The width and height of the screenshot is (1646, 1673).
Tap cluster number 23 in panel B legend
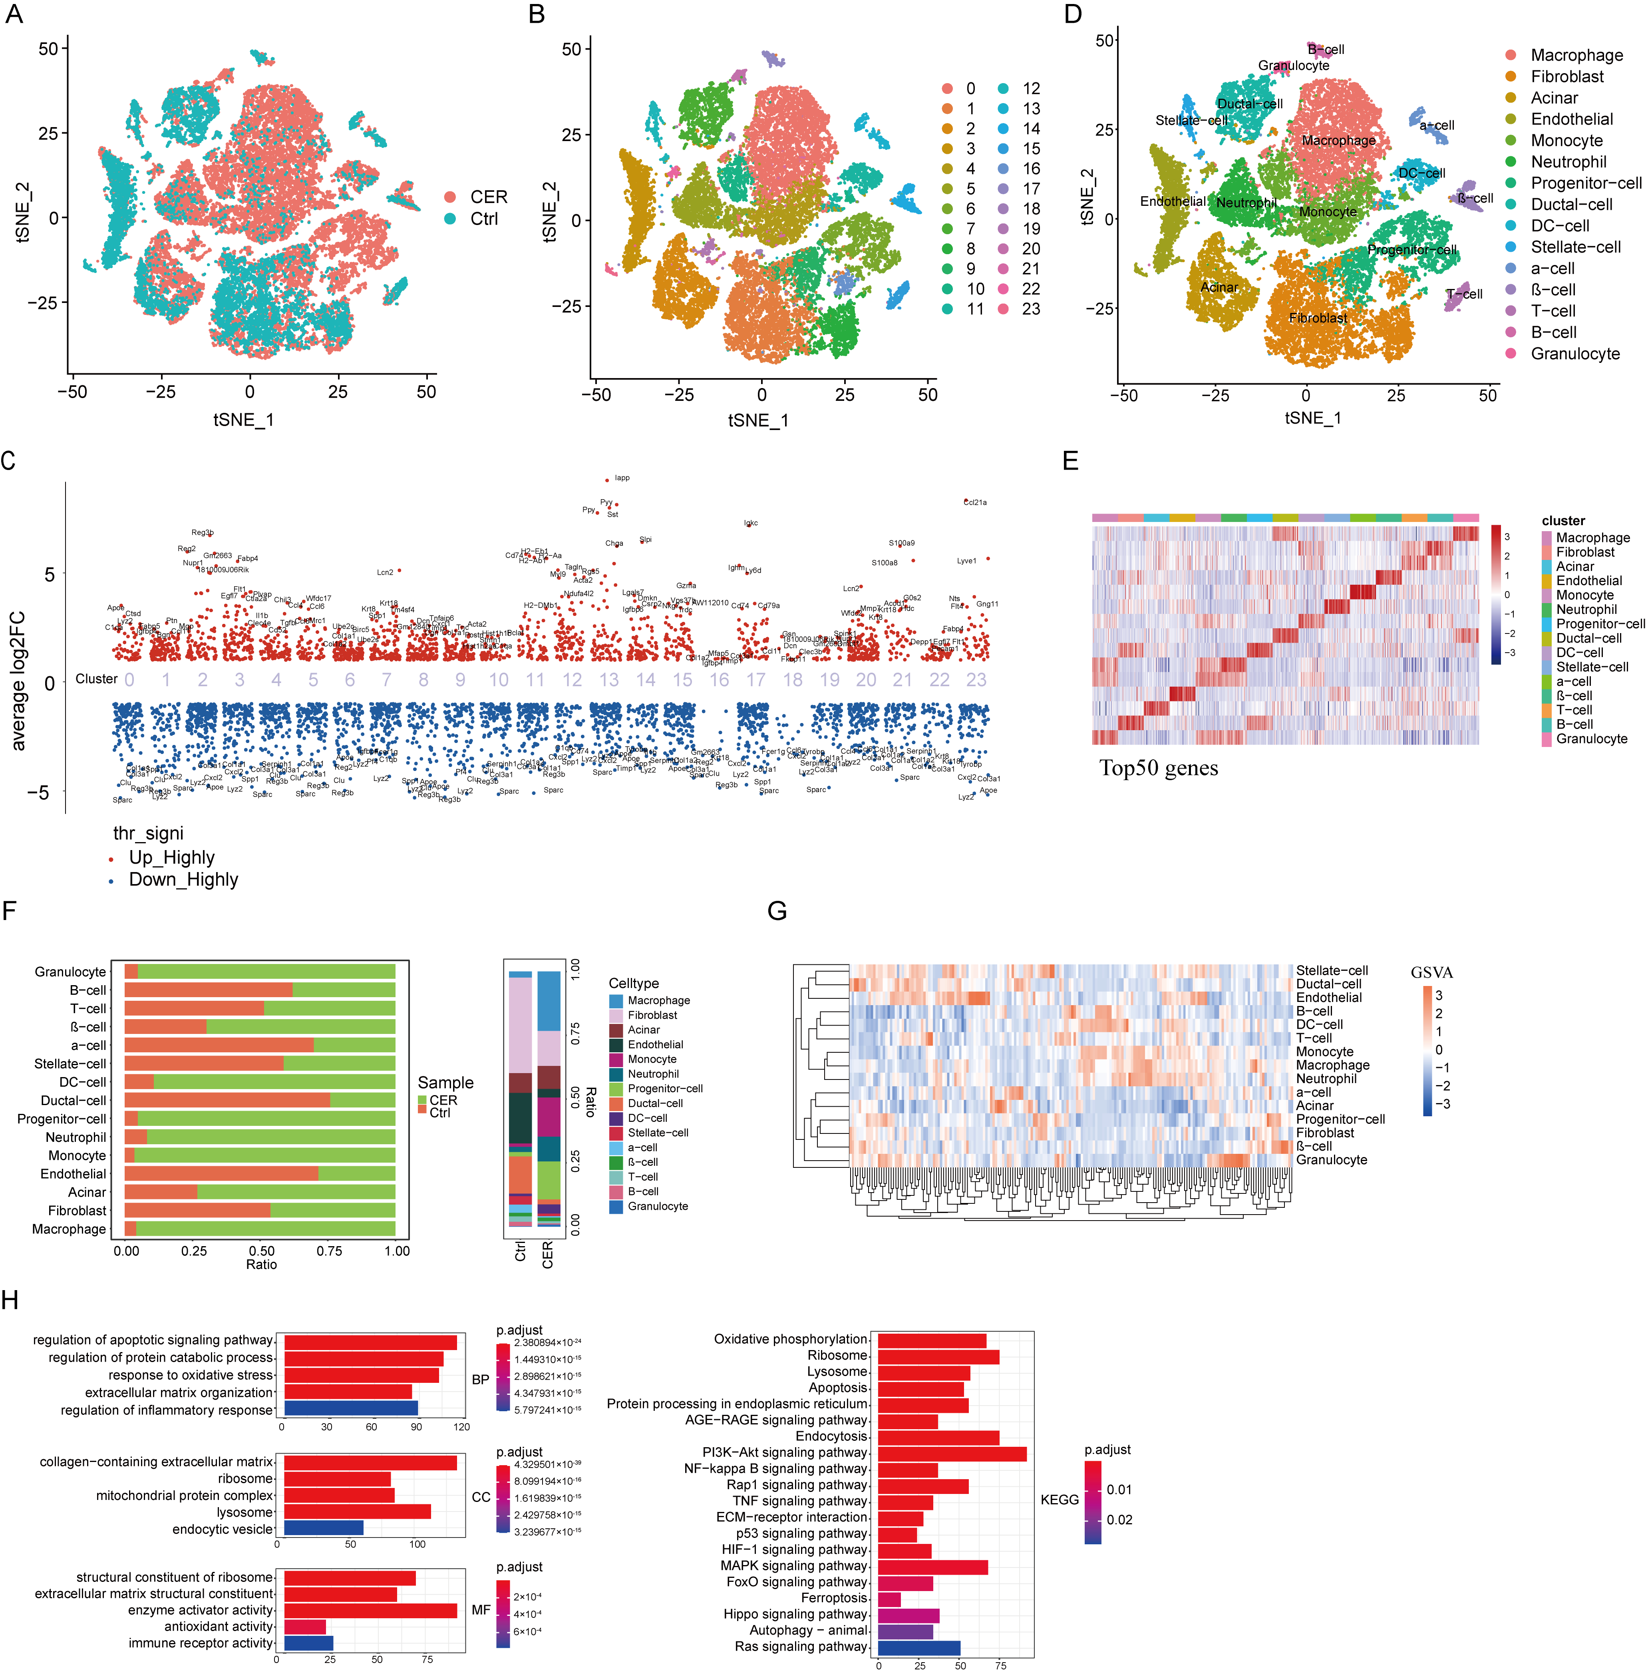pyautogui.click(x=1030, y=309)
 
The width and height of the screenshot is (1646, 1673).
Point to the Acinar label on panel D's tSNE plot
pyautogui.click(x=1219, y=287)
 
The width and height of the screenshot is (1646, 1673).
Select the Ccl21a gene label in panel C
pyautogui.click(x=975, y=502)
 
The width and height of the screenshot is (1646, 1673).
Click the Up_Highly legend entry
pyautogui.click(x=171, y=858)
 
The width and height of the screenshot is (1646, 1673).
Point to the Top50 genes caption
pyautogui.click(x=1159, y=768)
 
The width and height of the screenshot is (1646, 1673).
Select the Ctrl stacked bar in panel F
pyautogui.click(x=521, y=1098)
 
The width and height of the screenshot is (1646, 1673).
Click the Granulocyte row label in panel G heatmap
pyautogui.click(x=1331, y=1159)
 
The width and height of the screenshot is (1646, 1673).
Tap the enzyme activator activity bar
pyautogui.click(x=370, y=1610)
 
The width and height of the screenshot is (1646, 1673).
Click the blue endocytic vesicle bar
pyautogui.click(x=323, y=1529)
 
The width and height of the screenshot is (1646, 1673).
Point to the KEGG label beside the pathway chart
pyautogui.click(x=1059, y=1499)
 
